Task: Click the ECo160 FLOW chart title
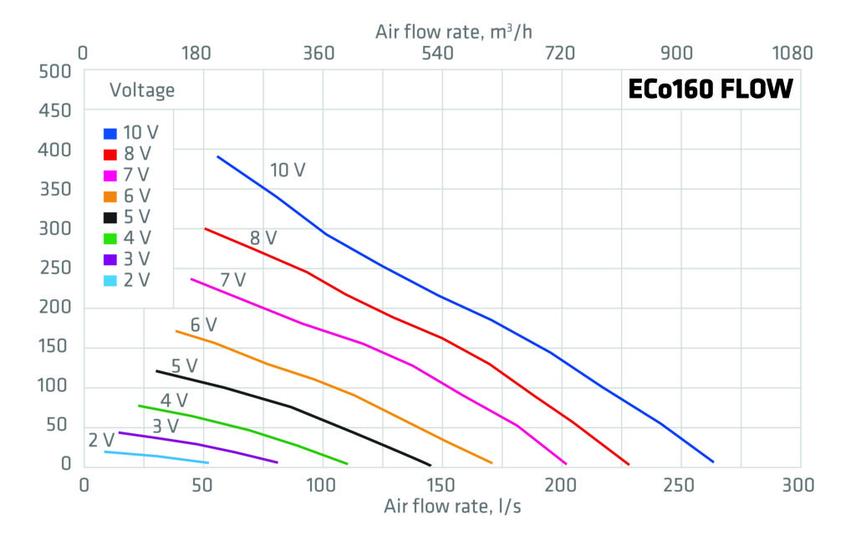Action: (710, 89)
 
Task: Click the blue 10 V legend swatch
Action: (110, 133)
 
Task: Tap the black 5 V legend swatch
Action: (110, 217)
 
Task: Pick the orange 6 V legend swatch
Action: (110, 196)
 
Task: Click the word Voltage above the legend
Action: (142, 90)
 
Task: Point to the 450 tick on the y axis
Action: (55, 111)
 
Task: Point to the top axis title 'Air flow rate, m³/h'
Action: (453, 32)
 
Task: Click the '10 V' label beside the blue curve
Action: (288, 171)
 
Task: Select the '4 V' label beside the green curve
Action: (174, 401)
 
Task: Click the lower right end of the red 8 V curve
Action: (628, 464)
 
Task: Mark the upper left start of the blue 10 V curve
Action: (218, 156)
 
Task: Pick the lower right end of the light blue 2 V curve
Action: (207, 462)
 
